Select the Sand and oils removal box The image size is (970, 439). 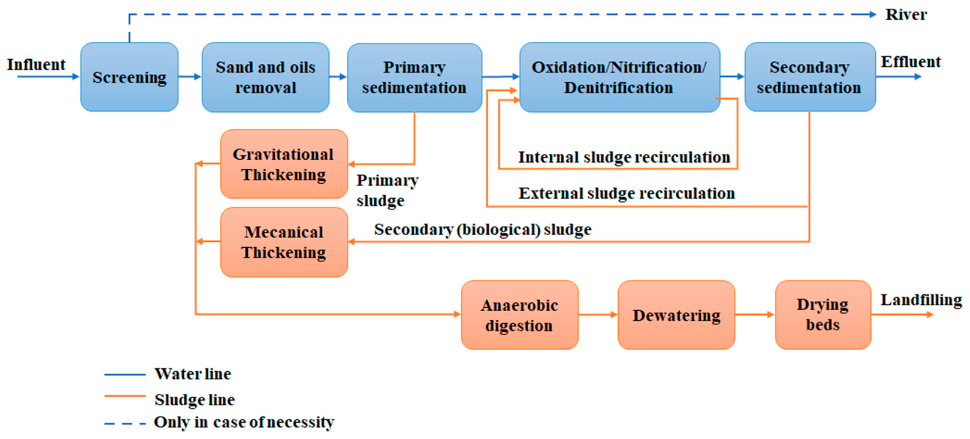[265, 77]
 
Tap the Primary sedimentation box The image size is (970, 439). [414, 78]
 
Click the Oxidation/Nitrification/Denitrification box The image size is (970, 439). [620, 77]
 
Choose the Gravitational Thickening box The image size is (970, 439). [284, 164]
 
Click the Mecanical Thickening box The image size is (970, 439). [284, 242]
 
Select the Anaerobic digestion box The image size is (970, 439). [520, 315]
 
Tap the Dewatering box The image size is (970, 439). [676, 315]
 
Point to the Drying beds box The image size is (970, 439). [823, 315]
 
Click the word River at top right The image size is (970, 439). [906, 15]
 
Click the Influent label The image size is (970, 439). [36, 64]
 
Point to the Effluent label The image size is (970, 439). [910, 62]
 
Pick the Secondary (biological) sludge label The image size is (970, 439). [482, 230]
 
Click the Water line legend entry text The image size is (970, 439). [193, 374]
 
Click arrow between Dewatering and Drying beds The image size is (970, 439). [754, 314]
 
